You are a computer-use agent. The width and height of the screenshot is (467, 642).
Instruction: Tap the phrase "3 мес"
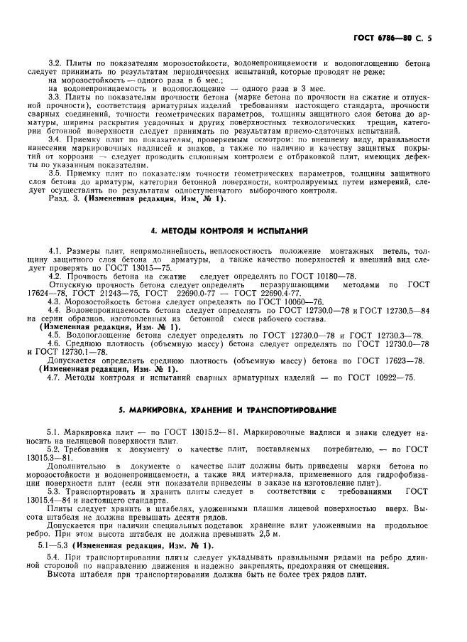(x=291, y=89)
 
